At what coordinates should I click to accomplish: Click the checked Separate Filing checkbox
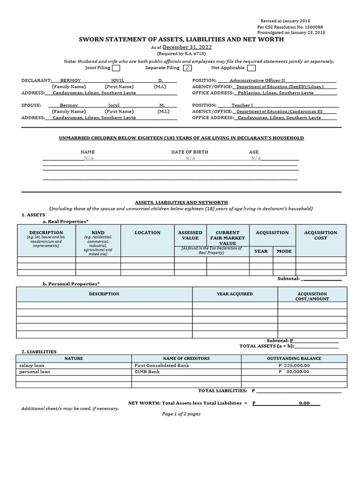click(x=188, y=68)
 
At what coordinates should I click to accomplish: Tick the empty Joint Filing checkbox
click(x=116, y=68)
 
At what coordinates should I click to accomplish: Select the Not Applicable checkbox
click(x=251, y=68)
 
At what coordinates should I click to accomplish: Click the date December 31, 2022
click(x=187, y=47)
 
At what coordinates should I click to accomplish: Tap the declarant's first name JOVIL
click(x=117, y=80)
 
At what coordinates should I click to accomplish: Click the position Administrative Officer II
click(x=257, y=80)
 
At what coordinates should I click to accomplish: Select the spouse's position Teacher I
click(x=242, y=105)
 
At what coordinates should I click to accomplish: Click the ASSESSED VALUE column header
click(x=190, y=235)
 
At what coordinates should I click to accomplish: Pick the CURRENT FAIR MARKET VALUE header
click(x=227, y=238)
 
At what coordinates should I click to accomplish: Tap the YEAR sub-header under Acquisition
click(x=261, y=251)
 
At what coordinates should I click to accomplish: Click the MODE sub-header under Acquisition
click(x=284, y=251)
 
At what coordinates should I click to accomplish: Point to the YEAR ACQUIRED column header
click(x=234, y=294)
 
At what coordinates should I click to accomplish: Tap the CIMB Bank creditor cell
click(x=147, y=372)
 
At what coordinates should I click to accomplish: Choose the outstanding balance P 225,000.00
click(x=294, y=365)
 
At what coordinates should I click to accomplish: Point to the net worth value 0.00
click(x=304, y=403)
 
